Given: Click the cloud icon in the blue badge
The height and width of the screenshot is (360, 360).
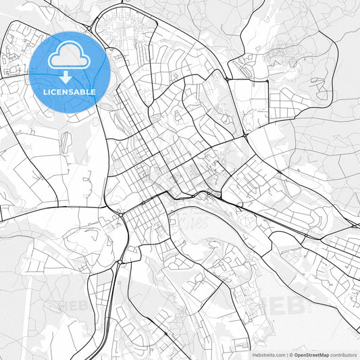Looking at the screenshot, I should click(x=70, y=57).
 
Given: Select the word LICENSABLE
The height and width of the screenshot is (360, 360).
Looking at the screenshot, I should click(x=70, y=92).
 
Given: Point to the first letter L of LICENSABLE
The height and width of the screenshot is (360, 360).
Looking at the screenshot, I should click(x=45, y=92).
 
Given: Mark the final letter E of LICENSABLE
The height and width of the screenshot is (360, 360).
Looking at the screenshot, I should click(x=93, y=92).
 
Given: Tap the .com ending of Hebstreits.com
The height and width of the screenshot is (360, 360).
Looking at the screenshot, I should click(x=279, y=354).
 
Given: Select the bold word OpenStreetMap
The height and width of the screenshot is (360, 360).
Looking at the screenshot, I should click(x=311, y=354).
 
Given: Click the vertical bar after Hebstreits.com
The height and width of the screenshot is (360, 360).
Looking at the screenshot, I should click(x=287, y=354).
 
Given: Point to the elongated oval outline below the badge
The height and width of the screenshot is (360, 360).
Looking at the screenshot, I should click(x=66, y=142).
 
